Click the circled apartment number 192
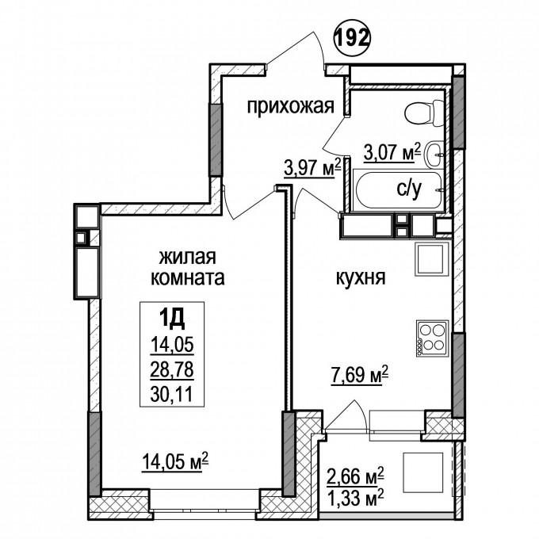[352, 39]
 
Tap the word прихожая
[291, 106]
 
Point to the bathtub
[398, 189]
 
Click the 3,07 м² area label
[392, 152]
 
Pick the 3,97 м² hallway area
[312, 167]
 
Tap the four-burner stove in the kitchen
[433, 338]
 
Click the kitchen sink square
[432, 259]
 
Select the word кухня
[361, 277]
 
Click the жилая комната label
[188, 267]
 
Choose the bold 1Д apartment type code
[172, 319]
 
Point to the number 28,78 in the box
[172, 371]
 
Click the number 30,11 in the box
[171, 394]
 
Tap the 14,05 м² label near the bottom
[175, 461]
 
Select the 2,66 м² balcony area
[355, 476]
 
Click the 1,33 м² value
[355, 497]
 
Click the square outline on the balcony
[422, 472]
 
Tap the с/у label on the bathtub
[409, 189]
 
